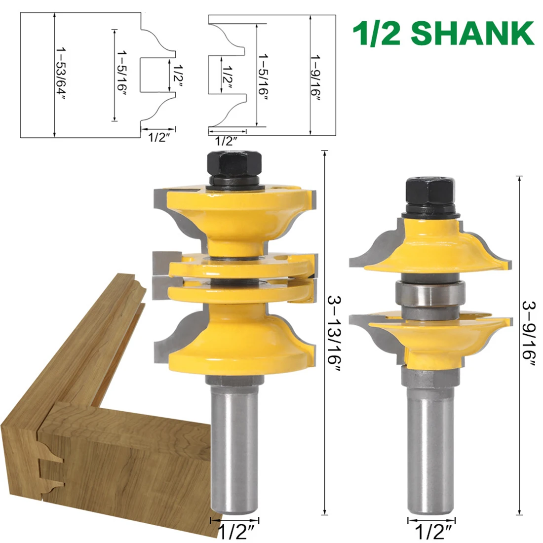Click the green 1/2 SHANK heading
click(x=443, y=33)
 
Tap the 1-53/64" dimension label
click(x=61, y=75)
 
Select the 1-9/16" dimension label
click(x=315, y=78)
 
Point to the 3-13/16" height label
click(x=334, y=334)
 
